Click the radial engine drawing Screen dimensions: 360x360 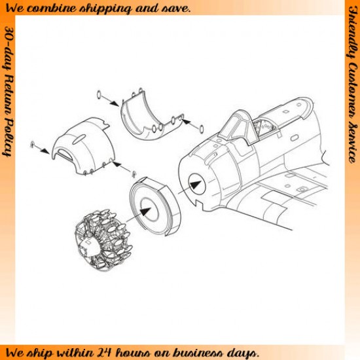(x=104, y=240)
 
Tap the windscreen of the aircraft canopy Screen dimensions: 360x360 (x=236, y=128)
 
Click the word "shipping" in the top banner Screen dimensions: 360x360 (x=105, y=9)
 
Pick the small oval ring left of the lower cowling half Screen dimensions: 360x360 (x=99, y=94)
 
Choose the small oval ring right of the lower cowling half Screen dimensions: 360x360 (x=202, y=129)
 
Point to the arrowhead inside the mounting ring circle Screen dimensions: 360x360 (x=145, y=211)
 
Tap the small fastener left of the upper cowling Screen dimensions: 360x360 (x=32, y=145)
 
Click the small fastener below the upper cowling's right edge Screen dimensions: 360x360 (x=134, y=174)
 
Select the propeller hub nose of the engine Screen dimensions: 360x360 (x=88, y=246)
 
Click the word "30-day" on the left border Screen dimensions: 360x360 (x=7, y=48)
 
